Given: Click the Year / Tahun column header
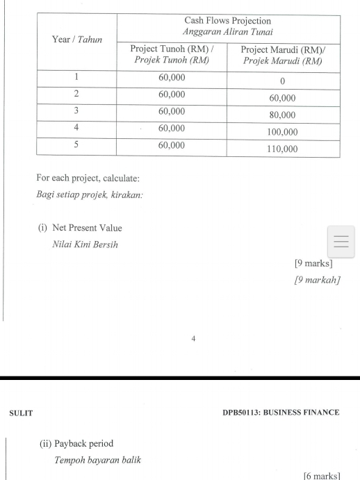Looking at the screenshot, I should [76, 40].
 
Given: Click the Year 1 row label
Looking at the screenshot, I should [76, 77].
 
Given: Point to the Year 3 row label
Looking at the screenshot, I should [76, 111].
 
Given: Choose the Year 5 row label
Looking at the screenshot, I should [76, 145].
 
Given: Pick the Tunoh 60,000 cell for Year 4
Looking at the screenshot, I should [172, 129].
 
